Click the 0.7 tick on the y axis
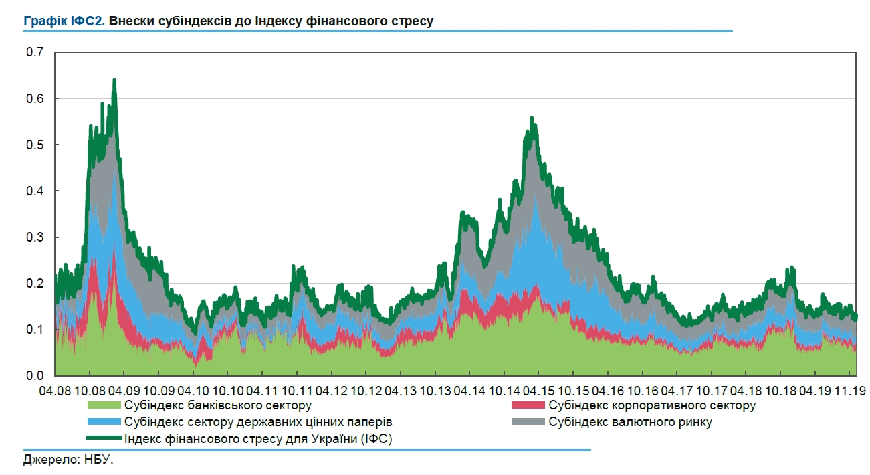coord(33,52)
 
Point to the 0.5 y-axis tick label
coord(33,145)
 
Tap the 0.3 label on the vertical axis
coord(33,237)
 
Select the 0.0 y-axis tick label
coord(33,375)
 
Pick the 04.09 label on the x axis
coord(124,390)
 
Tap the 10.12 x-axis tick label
coord(366,390)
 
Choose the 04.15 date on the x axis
coord(539,390)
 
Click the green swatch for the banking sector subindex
coord(104,405)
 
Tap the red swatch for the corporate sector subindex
coord(528,405)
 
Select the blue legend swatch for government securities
coord(104,422)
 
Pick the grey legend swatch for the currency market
coord(528,422)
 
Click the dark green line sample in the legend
coord(104,438)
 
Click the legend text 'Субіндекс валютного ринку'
coord(630,422)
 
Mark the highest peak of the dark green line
coord(114,80)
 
